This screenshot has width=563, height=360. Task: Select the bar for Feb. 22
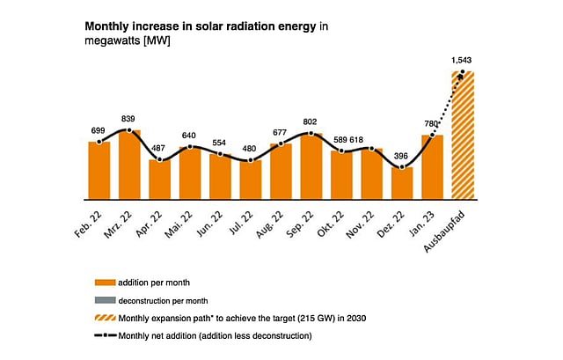pos(99,170)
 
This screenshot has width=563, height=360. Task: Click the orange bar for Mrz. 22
pos(129,164)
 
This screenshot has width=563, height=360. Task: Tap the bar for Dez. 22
pos(402,182)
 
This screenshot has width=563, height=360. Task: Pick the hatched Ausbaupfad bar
pos(463,135)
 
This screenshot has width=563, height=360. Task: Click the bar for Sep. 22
pos(311,165)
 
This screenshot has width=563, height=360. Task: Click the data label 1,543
pos(463,60)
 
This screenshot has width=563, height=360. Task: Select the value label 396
pos(402,154)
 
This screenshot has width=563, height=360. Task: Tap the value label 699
pos(99,130)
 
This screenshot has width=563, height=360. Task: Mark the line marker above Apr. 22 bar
pos(160,159)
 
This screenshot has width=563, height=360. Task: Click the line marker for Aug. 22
pos(281,143)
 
